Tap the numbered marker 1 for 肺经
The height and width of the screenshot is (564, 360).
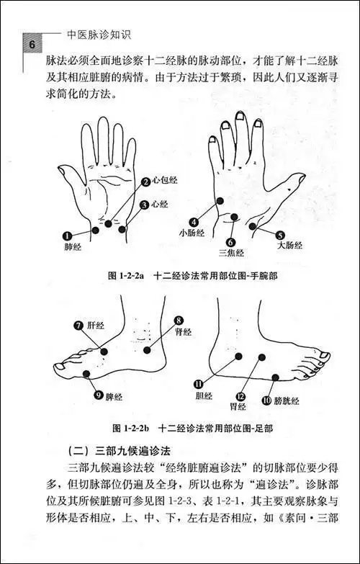click(x=67, y=236)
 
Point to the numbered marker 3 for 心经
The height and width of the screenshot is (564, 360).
click(x=144, y=205)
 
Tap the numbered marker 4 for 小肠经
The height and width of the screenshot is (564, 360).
click(x=194, y=222)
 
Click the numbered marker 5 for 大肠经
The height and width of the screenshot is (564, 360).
click(x=280, y=234)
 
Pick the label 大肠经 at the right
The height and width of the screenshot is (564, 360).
click(x=290, y=246)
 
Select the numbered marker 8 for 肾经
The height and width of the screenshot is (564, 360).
click(x=179, y=320)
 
